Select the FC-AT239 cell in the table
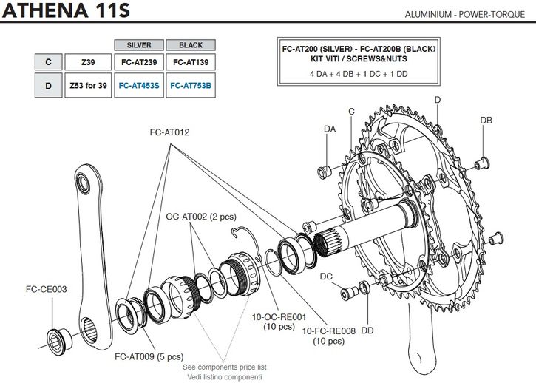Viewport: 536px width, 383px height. coord(139,63)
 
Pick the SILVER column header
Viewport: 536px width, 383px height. coord(139,44)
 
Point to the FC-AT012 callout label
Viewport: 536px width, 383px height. coord(170,132)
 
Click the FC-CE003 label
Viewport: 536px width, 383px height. coord(47,289)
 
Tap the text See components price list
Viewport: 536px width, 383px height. coord(224,367)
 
